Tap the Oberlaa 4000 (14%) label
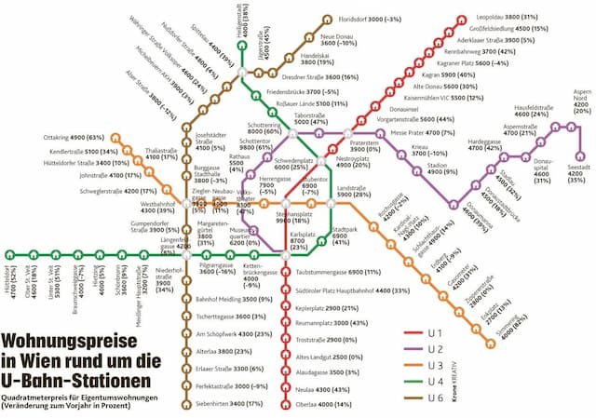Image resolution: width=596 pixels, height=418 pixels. [322, 404]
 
